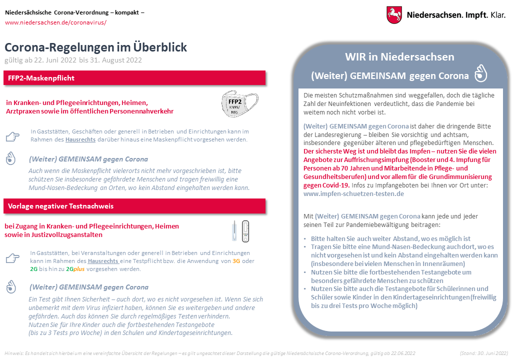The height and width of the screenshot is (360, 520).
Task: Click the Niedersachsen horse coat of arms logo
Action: [394, 14]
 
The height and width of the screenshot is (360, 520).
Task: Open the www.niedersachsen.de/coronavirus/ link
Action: [55, 22]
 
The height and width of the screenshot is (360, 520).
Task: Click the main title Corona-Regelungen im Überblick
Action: [95, 47]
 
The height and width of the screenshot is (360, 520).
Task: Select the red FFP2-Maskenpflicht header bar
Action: [135, 78]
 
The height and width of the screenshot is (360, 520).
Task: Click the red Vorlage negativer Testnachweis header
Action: [135, 206]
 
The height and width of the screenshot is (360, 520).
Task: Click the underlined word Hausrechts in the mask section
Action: [80, 139]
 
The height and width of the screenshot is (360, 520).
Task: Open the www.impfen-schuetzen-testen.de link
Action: [353, 193]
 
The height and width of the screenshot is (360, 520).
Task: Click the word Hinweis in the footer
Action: [13, 353]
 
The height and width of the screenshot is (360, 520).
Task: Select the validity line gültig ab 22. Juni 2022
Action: [73, 60]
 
